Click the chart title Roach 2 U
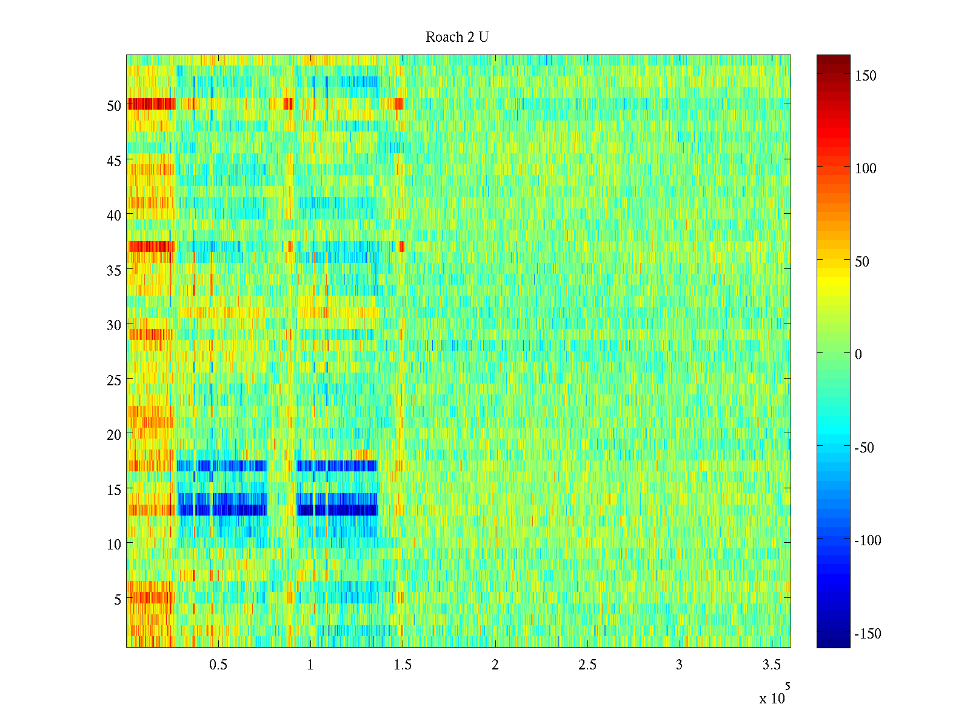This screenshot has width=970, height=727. pyautogui.click(x=457, y=38)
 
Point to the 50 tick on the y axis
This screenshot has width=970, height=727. pyautogui.click(x=114, y=105)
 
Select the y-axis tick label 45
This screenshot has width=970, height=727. pyautogui.click(x=114, y=161)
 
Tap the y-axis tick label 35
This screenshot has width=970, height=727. pyautogui.click(x=114, y=270)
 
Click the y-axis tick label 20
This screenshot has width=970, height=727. pyautogui.click(x=114, y=434)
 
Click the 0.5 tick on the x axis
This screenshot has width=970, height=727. pyautogui.click(x=218, y=665)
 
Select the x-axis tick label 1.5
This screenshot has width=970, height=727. pyautogui.click(x=403, y=665)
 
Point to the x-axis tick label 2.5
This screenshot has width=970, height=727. pyautogui.click(x=587, y=665)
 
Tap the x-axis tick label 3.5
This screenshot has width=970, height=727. pyautogui.click(x=771, y=665)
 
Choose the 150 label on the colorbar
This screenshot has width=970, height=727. pyautogui.click(x=866, y=76)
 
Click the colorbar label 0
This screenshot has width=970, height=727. pyautogui.click(x=858, y=354)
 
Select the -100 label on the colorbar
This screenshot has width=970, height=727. pyautogui.click(x=868, y=540)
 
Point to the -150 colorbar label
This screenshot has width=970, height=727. pyautogui.click(x=868, y=634)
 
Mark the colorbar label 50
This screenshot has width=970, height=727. pyautogui.click(x=862, y=262)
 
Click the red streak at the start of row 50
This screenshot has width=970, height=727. pyautogui.click(x=150, y=104)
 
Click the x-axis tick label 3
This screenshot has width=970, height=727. pyautogui.click(x=679, y=665)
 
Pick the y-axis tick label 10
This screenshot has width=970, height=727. pyautogui.click(x=114, y=545)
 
